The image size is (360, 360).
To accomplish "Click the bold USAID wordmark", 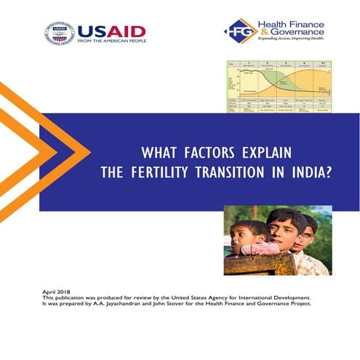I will tap(111, 31).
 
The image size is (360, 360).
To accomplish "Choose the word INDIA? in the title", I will tap(308, 174).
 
